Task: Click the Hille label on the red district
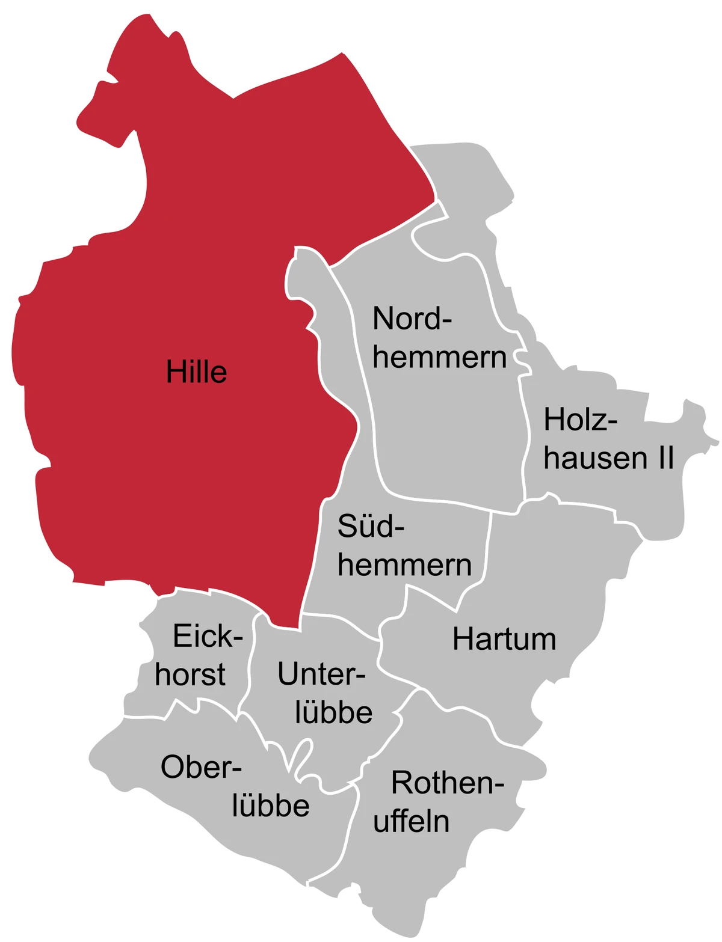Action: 197,372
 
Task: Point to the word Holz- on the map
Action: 581,420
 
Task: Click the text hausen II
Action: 608,457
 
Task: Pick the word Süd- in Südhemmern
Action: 371,527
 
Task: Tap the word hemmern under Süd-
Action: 404,565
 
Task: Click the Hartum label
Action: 504,640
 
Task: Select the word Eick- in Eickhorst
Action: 208,637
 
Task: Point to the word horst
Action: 190,674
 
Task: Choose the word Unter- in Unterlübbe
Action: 321,675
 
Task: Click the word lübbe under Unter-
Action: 334,712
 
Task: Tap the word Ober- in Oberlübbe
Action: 201,768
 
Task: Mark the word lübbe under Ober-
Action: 271,806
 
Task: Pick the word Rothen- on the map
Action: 447,783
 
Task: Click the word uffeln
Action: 412,821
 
